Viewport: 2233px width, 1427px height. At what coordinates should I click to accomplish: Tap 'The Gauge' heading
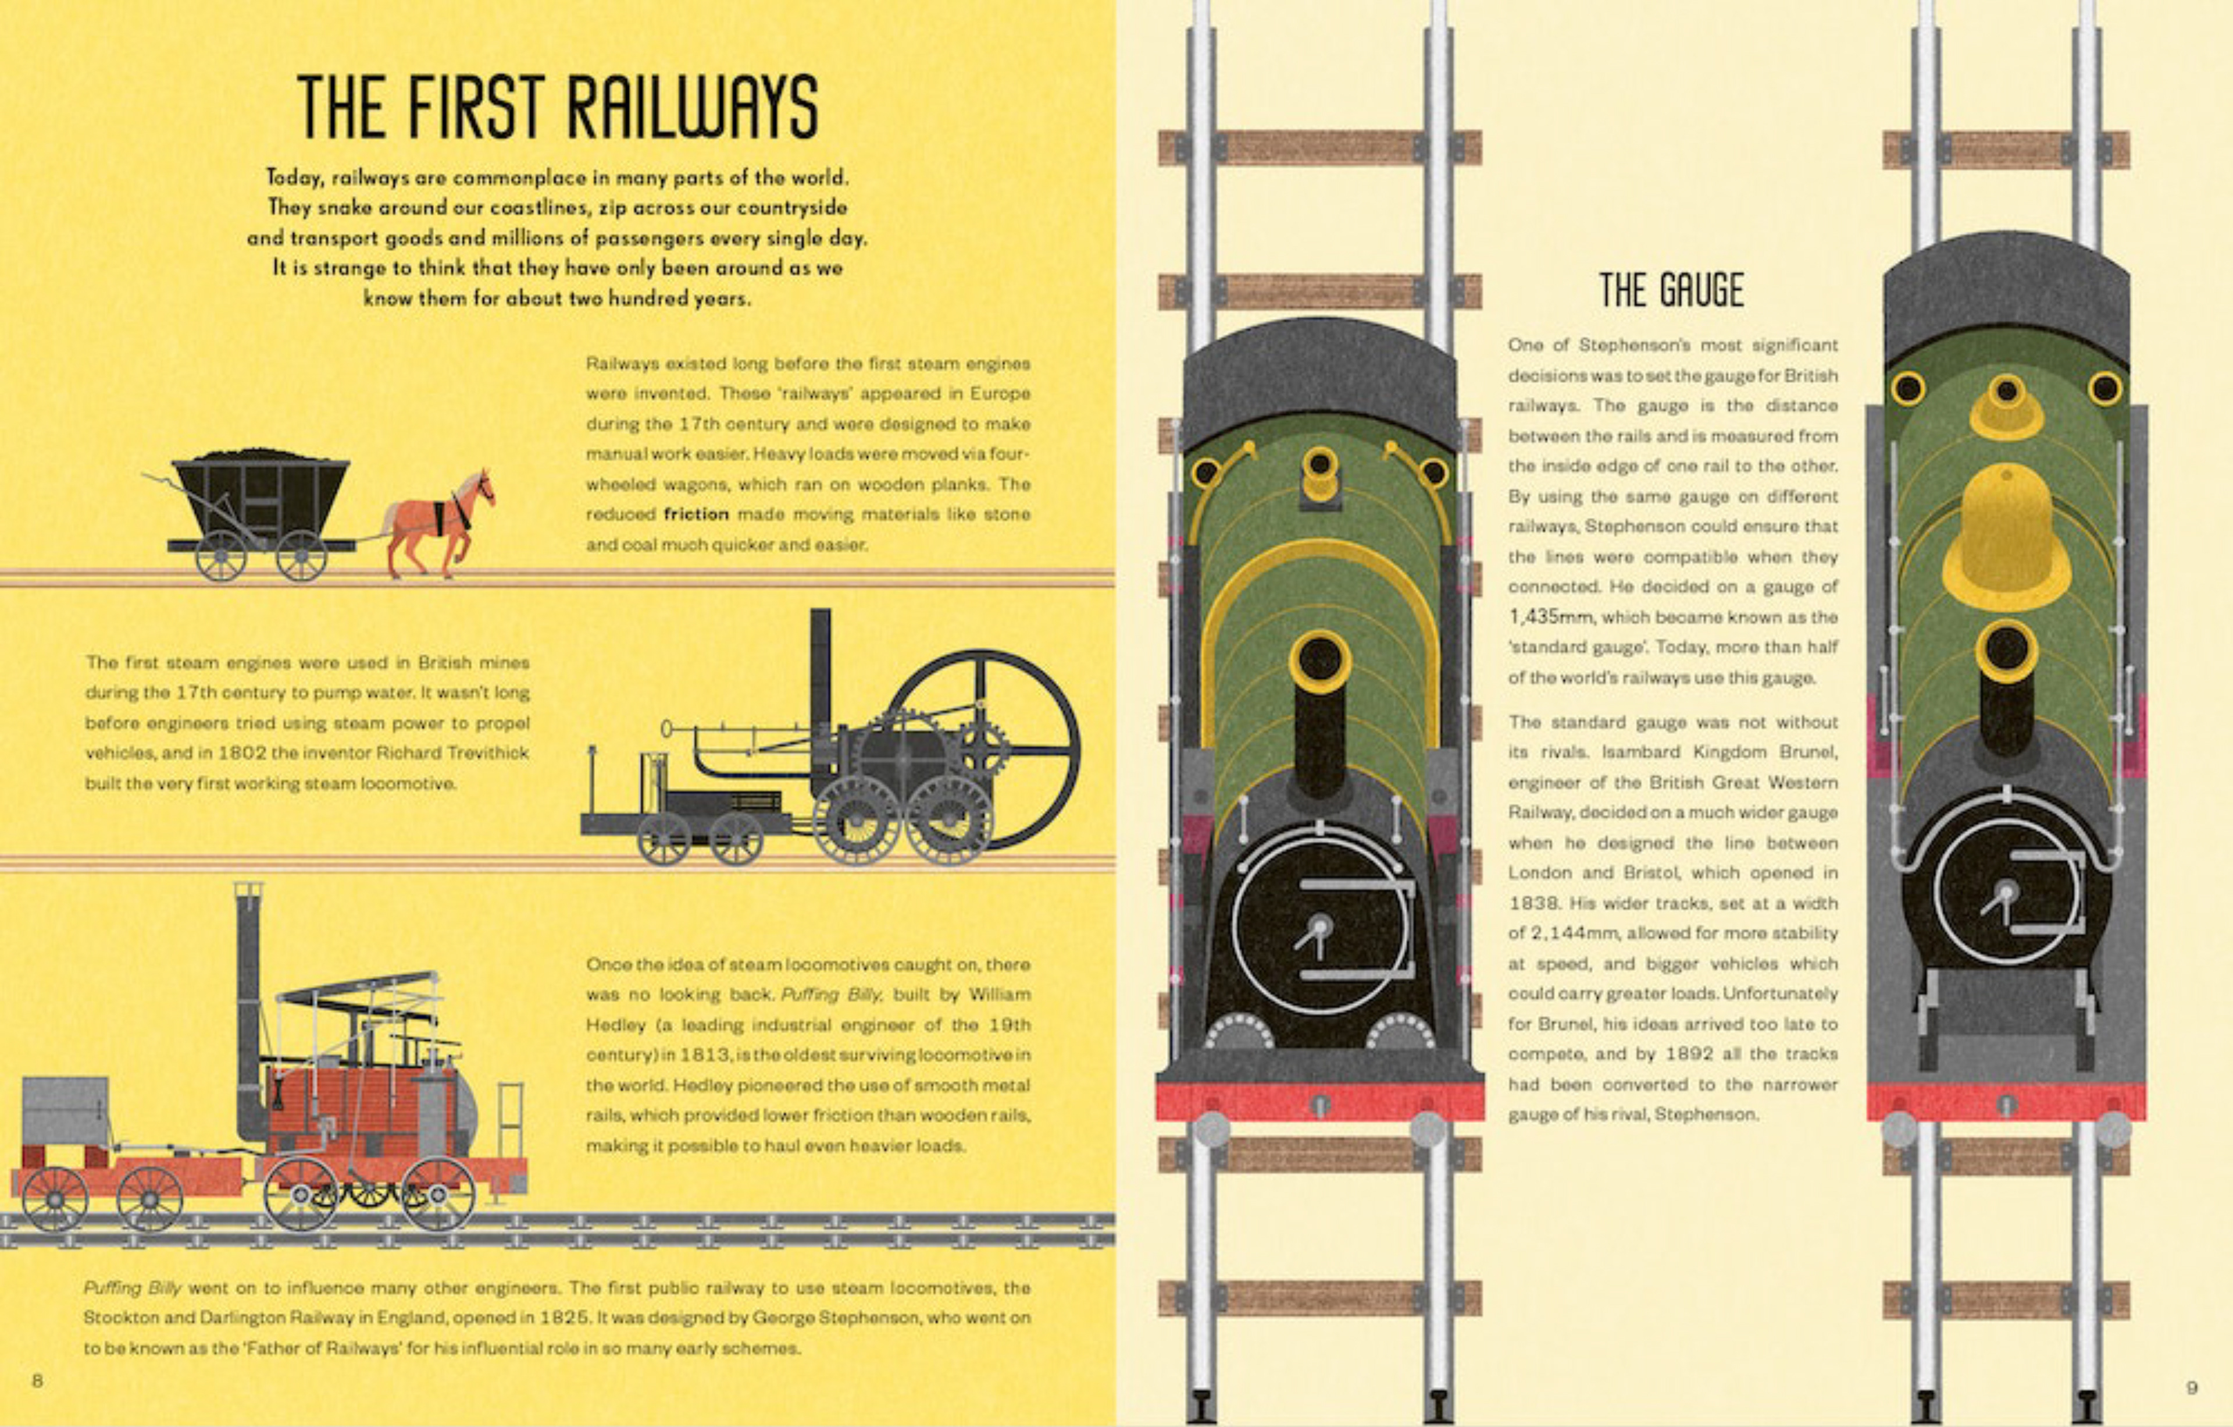click(1671, 290)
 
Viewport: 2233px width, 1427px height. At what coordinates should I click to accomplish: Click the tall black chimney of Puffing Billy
click(248, 1002)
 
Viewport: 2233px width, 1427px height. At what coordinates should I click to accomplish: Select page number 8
click(38, 1380)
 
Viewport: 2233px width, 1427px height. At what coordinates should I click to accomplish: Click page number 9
click(2191, 1387)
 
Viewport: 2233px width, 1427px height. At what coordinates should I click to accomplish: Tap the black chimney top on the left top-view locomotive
click(1319, 661)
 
